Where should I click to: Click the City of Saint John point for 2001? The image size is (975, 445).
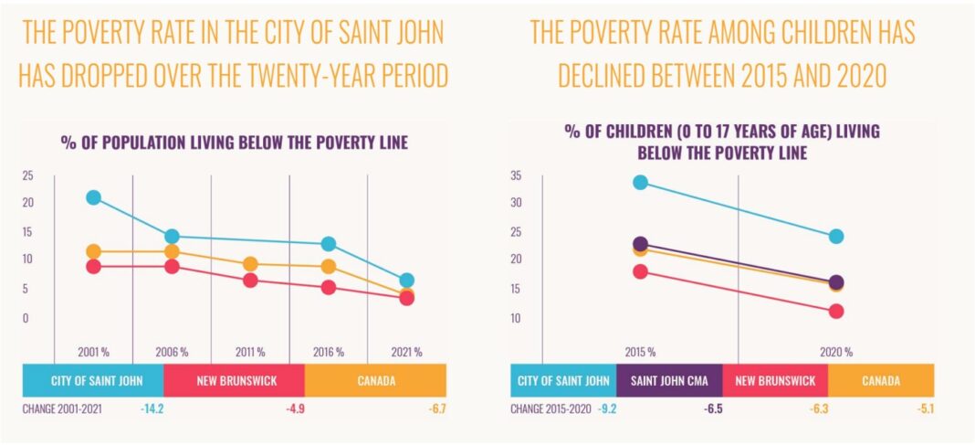point(93,197)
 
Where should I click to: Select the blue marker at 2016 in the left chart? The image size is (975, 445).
point(328,244)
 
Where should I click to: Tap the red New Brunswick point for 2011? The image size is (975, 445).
point(249,281)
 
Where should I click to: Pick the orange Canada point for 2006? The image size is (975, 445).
point(172,251)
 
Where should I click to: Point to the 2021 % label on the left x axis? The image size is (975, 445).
point(406,352)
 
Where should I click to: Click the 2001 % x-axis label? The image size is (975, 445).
point(93,352)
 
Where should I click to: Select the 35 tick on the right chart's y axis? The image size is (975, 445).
point(516,175)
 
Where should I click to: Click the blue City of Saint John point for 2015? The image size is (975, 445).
point(640,183)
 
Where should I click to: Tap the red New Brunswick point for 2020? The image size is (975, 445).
point(835,312)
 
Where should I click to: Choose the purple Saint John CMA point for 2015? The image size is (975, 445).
point(640,244)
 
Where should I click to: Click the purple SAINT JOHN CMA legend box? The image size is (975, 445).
point(668,381)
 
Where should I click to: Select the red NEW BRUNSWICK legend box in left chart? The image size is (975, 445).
point(234,380)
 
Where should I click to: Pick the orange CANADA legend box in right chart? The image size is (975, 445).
point(881,381)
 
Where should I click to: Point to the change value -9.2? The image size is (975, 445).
point(607,409)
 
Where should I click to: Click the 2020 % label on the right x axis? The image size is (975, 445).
point(835,352)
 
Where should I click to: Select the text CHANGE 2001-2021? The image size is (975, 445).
point(62,409)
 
